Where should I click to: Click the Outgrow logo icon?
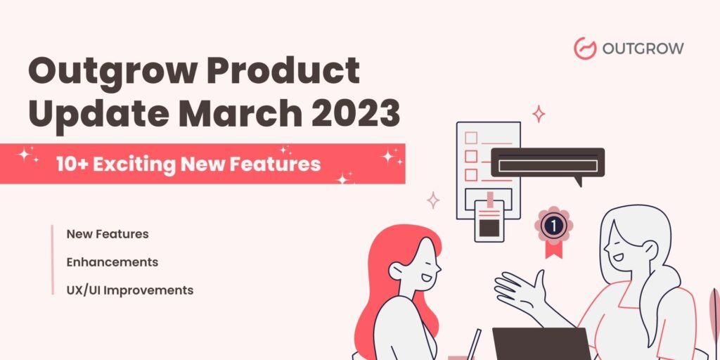coord(585,48)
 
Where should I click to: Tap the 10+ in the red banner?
coord(71,165)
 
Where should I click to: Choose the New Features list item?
coord(108,233)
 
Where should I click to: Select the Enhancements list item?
coord(112,262)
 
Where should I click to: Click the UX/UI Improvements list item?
coord(130,290)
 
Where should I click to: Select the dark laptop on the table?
coord(541,344)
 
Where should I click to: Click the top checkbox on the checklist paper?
coord(471,138)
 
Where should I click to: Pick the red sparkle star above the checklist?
coord(539,113)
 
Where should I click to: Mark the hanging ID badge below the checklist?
coord(489,221)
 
